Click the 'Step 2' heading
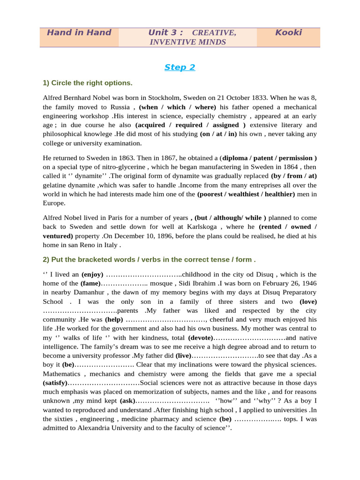point(180,67)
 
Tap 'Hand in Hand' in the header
point(79,33)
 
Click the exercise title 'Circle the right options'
point(88,83)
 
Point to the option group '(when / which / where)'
point(178,107)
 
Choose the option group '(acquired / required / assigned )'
point(190,125)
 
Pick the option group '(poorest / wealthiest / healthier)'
point(246,194)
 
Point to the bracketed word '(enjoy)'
point(92,275)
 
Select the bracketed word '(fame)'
point(90,284)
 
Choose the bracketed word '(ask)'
point(127,401)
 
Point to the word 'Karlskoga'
point(207,227)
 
